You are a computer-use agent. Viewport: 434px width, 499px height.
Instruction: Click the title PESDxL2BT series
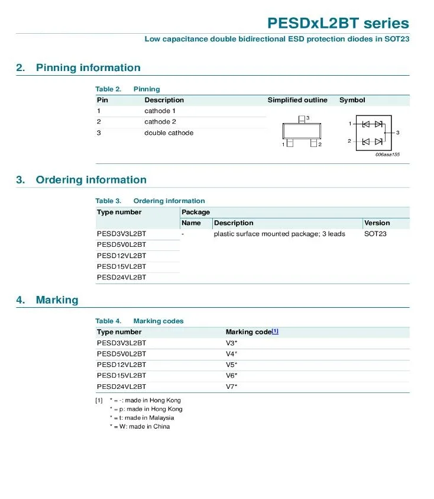pos(338,23)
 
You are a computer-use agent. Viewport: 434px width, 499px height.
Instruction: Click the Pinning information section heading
pos(88,67)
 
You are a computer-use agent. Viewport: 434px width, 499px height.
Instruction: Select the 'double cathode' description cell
pos(169,133)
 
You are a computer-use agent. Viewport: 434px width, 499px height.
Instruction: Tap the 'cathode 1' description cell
pos(160,111)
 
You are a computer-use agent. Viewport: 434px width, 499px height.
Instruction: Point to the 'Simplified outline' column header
pos(297,100)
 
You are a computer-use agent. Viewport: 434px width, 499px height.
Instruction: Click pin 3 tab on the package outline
pos(302,119)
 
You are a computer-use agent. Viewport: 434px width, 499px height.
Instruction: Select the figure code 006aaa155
pos(387,154)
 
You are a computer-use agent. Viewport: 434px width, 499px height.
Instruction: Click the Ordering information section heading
pos(90,180)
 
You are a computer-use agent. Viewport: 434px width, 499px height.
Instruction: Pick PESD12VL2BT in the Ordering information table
pos(121,256)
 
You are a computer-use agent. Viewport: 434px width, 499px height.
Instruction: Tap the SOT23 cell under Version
pos(375,234)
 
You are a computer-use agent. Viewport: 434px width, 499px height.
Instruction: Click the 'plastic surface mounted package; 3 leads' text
pos(279,234)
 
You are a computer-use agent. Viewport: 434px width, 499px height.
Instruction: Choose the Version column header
pos(377,223)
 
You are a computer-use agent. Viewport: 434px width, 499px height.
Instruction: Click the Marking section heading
pos(57,300)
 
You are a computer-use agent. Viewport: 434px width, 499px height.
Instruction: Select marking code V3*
pos(231,343)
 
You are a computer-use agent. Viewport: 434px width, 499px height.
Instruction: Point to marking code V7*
pos(231,387)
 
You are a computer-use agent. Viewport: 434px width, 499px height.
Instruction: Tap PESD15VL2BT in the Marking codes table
pos(121,375)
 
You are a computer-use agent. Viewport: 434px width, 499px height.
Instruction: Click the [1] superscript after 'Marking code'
pos(275,331)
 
